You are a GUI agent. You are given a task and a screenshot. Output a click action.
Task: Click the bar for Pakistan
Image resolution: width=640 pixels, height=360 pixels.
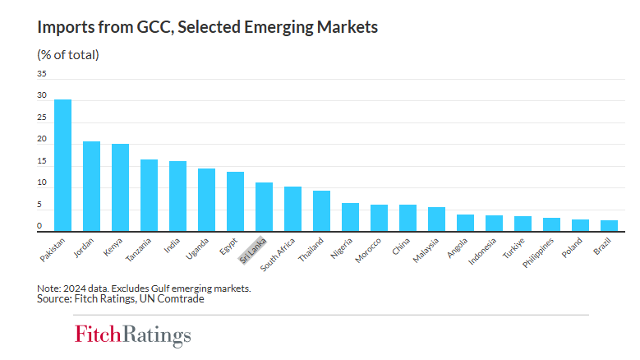point(62,165)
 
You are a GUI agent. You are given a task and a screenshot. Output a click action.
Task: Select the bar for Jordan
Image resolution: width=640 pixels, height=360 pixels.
point(91,187)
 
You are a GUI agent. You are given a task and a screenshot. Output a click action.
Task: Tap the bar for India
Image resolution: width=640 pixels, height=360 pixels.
point(177,196)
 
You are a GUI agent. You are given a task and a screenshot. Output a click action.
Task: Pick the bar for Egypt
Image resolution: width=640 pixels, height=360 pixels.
point(235,201)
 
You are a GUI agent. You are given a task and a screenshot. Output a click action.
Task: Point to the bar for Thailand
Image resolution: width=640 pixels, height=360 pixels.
point(321,211)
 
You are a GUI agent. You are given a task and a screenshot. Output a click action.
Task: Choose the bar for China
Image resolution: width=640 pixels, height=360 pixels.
point(407,218)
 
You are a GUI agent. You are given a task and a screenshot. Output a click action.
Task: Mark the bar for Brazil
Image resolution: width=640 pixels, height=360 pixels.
point(609,226)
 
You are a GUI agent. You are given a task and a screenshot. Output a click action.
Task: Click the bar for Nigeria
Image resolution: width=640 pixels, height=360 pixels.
point(350,217)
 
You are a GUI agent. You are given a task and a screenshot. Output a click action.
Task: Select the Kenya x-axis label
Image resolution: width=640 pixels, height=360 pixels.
point(113,246)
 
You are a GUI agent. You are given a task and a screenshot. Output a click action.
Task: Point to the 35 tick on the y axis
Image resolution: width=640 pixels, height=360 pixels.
point(41,73)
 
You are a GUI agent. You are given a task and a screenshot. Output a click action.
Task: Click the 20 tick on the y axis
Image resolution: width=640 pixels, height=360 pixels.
point(41,140)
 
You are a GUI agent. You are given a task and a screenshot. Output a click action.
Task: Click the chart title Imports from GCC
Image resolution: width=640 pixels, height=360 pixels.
point(208,27)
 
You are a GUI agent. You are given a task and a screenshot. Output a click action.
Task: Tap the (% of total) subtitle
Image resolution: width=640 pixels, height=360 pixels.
point(68,55)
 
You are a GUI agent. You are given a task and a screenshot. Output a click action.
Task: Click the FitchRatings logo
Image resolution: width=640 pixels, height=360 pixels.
point(132,335)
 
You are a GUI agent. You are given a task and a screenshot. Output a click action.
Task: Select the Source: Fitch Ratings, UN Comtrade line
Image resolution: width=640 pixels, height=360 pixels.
point(121,299)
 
